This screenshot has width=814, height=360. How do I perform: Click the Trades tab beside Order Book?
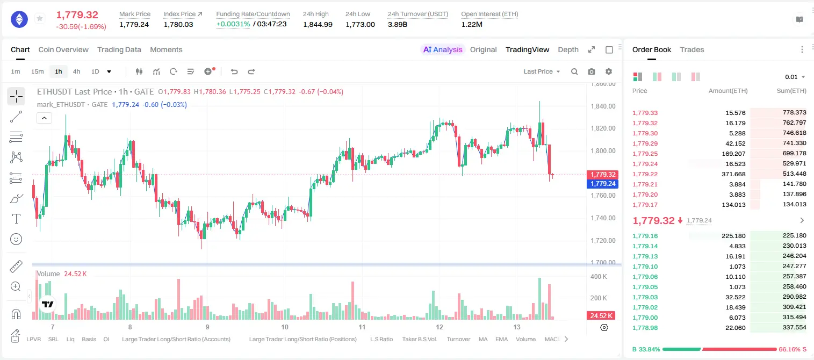pyautogui.click(x=692, y=49)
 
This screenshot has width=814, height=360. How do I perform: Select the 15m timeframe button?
pyautogui.click(x=37, y=71)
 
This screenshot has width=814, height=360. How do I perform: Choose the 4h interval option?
pyautogui.click(x=76, y=71)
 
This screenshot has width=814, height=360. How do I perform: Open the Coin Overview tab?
pyautogui.click(x=63, y=49)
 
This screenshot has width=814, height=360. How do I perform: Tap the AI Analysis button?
pyautogui.click(x=443, y=49)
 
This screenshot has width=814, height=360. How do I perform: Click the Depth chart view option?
pyautogui.click(x=568, y=49)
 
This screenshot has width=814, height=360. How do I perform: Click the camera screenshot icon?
pyautogui.click(x=592, y=71)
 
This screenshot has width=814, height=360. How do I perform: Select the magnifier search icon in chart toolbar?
pyautogui.click(x=574, y=71)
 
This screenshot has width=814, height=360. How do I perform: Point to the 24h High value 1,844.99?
pyautogui.click(x=318, y=24)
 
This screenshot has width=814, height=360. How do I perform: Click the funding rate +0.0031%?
pyautogui.click(x=233, y=24)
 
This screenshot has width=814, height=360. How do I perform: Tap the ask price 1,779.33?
pyautogui.click(x=645, y=113)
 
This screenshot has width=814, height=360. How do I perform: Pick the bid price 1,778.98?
pyautogui.click(x=645, y=328)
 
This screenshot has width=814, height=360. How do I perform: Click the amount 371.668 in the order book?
pyautogui.click(x=733, y=174)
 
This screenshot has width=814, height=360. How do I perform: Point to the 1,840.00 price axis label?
pyautogui.click(x=603, y=106)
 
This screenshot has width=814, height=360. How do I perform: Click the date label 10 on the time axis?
pyautogui.click(x=285, y=327)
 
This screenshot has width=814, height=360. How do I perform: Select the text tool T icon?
pyautogui.click(x=16, y=219)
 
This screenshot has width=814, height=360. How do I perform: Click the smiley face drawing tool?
pyautogui.click(x=16, y=239)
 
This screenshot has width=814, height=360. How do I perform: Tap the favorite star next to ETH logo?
pyautogui.click(x=40, y=18)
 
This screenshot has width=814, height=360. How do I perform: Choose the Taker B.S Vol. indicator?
pyautogui.click(x=419, y=339)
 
